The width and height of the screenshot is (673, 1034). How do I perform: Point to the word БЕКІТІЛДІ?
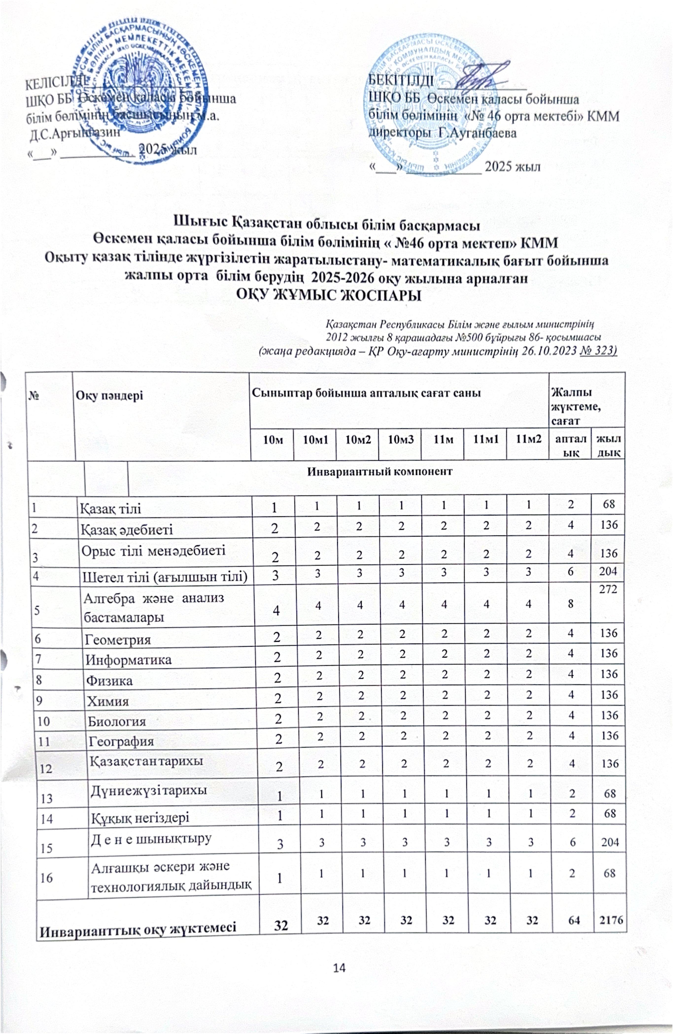coord(400,81)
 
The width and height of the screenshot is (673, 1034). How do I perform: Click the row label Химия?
coord(108,701)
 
